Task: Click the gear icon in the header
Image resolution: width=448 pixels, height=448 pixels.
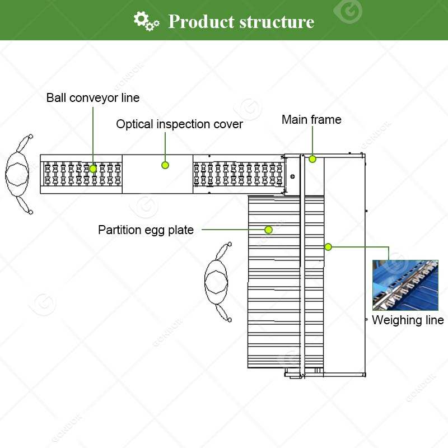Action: (x=146, y=21)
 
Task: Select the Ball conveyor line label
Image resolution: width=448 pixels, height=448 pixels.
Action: (x=93, y=98)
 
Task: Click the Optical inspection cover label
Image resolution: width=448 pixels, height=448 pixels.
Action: (x=179, y=124)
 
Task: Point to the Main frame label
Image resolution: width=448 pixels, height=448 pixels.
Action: (x=311, y=120)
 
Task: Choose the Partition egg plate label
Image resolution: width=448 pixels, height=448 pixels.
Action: (x=146, y=230)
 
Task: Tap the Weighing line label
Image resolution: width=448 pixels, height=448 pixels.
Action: (x=408, y=320)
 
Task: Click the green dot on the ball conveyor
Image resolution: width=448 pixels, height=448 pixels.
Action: (x=94, y=168)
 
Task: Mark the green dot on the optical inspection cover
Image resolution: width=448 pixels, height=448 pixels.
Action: (x=165, y=165)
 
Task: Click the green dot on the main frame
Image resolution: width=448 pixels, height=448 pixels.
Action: (x=312, y=159)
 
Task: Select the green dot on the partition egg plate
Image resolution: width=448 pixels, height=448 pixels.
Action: (x=269, y=230)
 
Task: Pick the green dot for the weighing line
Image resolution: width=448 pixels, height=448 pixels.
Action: (x=328, y=246)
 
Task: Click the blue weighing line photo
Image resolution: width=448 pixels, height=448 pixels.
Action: (x=405, y=285)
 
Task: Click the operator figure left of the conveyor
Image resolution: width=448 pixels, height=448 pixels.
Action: (x=18, y=174)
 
